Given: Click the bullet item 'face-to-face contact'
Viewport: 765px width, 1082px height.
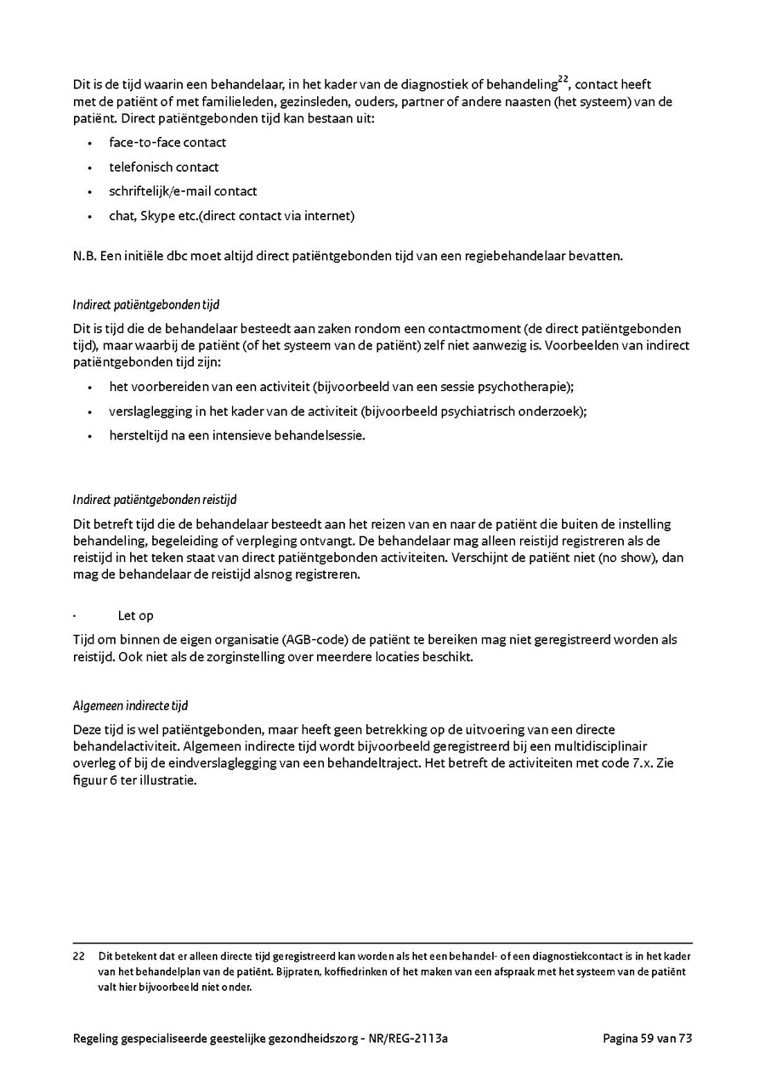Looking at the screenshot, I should coord(167,143).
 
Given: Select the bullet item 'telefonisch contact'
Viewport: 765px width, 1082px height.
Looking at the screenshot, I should coord(164,167).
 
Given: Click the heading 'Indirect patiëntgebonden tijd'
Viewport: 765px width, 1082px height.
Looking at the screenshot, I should coord(146,304).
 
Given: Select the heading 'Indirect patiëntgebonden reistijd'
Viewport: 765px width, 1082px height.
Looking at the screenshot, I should coord(161,500).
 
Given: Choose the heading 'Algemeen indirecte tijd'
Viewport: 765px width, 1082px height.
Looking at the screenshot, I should coord(130,706).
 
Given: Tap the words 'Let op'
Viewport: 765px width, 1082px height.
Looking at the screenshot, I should coord(135,615).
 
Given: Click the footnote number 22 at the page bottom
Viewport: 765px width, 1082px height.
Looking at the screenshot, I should coord(79,955).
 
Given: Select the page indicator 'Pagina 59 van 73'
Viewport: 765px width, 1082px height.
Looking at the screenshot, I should coord(648,1038).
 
